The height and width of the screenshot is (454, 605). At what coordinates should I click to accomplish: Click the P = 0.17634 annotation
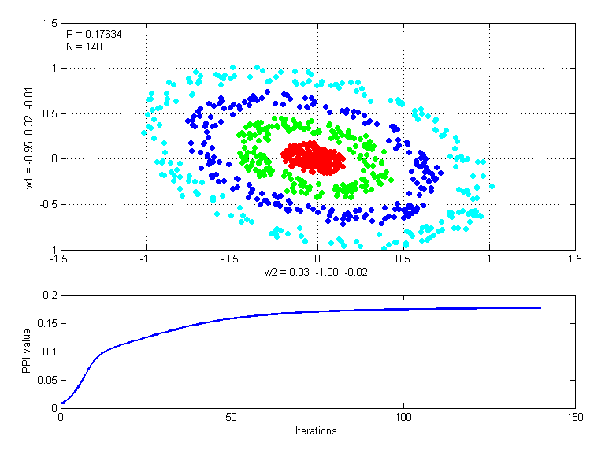94,35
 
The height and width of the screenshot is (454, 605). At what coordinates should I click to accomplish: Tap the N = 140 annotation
84,47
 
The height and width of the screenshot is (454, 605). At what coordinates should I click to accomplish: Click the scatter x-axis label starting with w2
317,272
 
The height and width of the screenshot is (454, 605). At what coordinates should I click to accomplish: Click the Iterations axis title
317,430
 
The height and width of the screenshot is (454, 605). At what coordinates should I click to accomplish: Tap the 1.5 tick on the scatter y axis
50,24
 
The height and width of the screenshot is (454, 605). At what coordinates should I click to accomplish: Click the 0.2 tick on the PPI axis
50,295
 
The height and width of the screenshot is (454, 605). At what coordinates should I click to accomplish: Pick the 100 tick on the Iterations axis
403,417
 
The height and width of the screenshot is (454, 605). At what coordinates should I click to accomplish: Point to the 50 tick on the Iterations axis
232,417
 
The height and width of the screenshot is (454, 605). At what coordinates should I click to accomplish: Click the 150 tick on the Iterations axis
574,417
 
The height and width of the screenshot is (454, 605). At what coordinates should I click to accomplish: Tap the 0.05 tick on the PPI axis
47,380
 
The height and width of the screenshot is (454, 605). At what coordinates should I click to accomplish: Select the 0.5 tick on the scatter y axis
50,113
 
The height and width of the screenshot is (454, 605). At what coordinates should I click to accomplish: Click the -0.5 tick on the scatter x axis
231,258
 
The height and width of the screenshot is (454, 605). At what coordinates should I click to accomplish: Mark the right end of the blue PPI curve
541,308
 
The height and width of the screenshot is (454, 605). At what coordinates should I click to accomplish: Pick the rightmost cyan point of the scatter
492,187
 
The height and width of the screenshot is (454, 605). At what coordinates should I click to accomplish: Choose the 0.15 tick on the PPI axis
47,323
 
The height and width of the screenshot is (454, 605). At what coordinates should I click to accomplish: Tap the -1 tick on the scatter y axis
52,249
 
